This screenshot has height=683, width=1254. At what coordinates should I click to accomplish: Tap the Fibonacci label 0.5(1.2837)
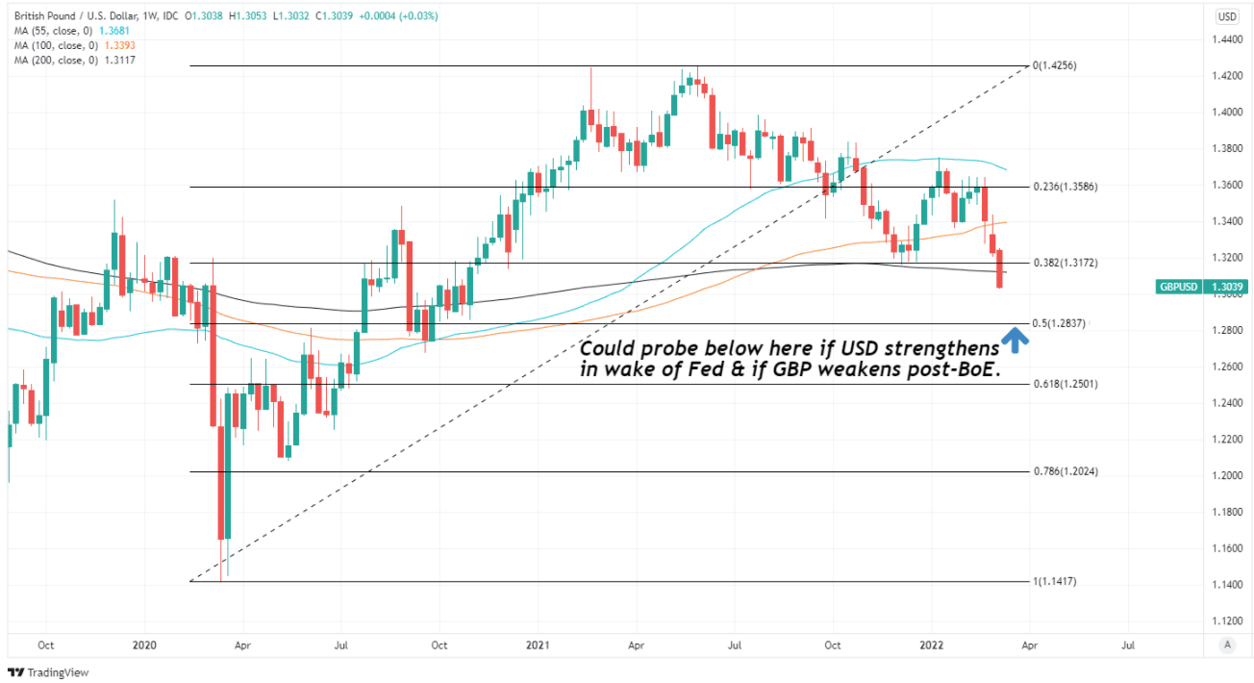[x=1059, y=324]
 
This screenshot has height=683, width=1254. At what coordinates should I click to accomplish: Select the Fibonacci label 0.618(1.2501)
[x=1066, y=384]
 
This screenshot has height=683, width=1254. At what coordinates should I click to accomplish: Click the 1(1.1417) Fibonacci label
[x=1057, y=582]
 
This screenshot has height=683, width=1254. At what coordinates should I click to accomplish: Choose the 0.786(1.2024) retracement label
[x=1066, y=472]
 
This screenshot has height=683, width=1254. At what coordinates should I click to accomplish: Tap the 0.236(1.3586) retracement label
[x=1066, y=187]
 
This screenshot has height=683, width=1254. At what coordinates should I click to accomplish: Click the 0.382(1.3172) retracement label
[x=1066, y=263]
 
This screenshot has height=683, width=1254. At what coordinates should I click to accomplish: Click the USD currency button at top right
[x=1227, y=16]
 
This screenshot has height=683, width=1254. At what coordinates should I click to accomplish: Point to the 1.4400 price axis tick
[x=1226, y=39]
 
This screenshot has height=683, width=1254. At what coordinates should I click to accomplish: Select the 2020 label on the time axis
[x=143, y=645]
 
